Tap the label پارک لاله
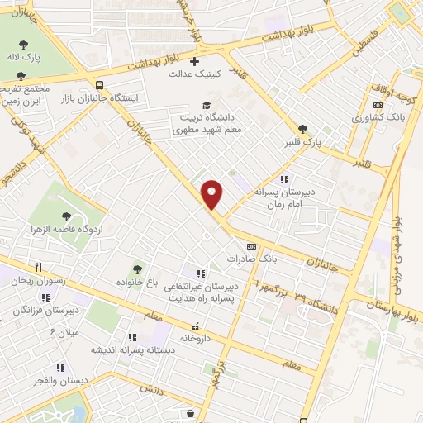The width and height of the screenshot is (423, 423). [x=25, y=57]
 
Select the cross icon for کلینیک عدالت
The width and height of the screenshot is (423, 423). [x=194, y=61]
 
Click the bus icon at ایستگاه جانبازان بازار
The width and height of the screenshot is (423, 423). [x=99, y=84]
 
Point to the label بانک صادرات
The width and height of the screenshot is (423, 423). [x=252, y=259]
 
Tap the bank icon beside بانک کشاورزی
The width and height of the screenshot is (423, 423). [x=378, y=105]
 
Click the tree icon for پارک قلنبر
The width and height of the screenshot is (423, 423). [x=302, y=129]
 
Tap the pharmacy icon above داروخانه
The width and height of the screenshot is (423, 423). [x=196, y=326]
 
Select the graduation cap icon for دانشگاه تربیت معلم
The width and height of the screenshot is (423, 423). [x=207, y=105]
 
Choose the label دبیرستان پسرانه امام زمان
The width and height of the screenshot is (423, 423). [x=285, y=195]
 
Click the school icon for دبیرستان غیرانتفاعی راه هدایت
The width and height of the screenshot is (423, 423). [x=198, y=273]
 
